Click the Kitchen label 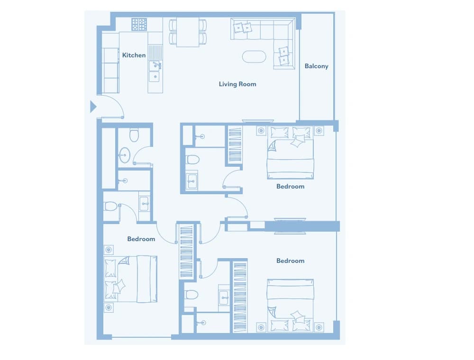[x=134, y=55]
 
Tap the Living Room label [x=237, y=84]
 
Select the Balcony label [x=316, y=66]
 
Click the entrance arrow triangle [x=93, y=107]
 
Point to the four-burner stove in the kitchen [x=139, y=24]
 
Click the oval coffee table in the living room [x=254, y=57]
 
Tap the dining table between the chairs [x=188, y=32]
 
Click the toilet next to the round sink [x=134, y=135]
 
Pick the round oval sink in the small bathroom [x=124, y=155]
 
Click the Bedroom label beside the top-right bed [x=290, y=187]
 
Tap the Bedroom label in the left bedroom [x=141, y=239]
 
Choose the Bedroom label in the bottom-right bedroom [x=290, y=261]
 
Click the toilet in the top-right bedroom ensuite [x=192, y=160]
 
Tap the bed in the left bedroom [x=131, y=279]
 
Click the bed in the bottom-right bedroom [x=290, y=305]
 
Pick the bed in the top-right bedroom [x=290, y=153]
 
